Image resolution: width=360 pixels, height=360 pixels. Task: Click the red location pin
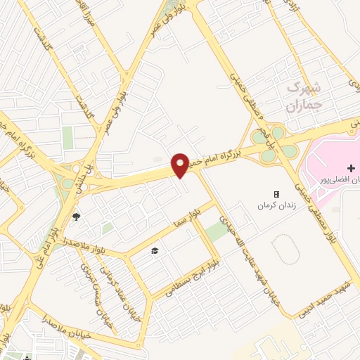pyautogui.click(x=181, y=165)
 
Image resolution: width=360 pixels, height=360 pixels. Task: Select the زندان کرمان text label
pyautogui.click(x=276, y=207)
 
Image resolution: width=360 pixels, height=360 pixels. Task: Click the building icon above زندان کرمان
pyautogui.click(x=276, y=194)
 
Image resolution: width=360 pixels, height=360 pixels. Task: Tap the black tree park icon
pyautogui.click(x=76, y=216)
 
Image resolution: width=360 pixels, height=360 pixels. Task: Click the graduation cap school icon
pyautogui.click(x=155, y=250)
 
